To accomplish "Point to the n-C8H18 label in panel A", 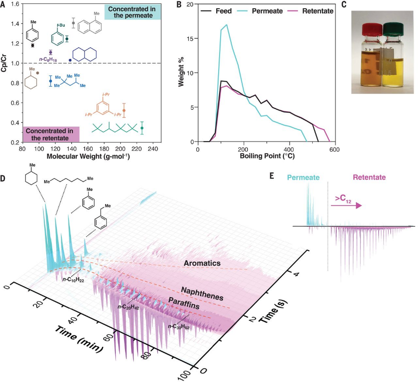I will [47, 59].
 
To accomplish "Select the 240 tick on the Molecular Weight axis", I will [153, 150].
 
